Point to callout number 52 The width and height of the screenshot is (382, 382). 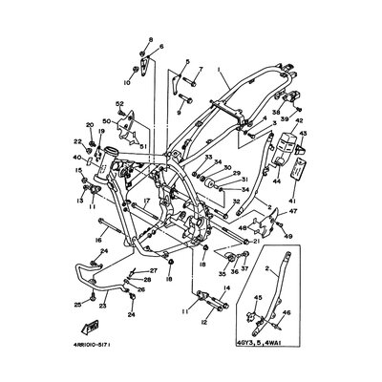(x=120, y=104)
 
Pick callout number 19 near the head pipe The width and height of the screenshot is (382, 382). (x=100, y=132)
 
